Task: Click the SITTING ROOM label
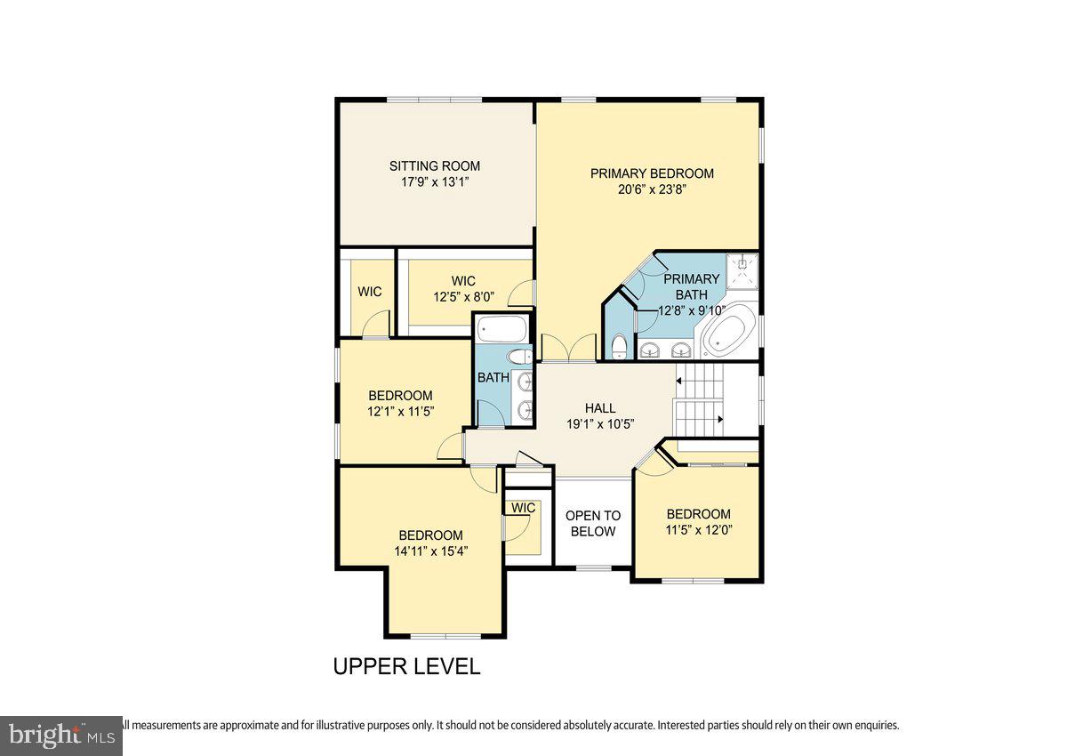(435, 165)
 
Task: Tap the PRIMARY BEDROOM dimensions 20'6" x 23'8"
(652, 190)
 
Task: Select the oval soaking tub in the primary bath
(730, 332)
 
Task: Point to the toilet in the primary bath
(620, 345)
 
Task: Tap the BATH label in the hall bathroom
(493, 377)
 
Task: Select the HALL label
(600, 408)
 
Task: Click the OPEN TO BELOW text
(593, 523)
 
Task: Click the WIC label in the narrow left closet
(370, 292)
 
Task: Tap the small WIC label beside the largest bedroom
(523, 508)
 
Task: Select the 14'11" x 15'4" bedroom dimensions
(430, 551)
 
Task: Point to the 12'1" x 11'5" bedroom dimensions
(400, 411)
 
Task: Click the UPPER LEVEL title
(406, 666)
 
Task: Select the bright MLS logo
(60, 736)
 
